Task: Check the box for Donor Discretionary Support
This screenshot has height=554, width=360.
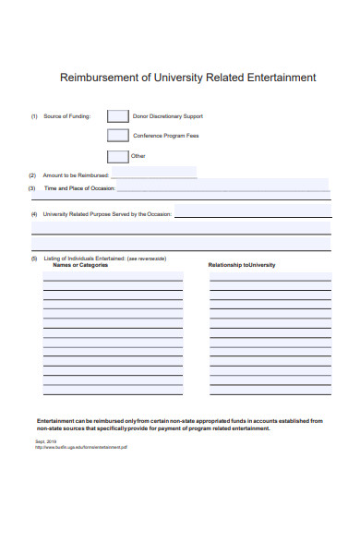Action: [x=117, y=116]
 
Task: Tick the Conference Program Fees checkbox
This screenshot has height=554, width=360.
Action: [x=117, y=136]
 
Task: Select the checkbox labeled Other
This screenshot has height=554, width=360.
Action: [x=117, y=156]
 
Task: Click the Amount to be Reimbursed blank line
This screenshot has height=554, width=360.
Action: [x=154, y=175]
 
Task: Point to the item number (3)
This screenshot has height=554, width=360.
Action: [x=32, y=187]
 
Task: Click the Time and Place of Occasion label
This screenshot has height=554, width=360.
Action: [x=79, y=187]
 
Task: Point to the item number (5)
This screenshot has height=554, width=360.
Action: [x=33, y=259]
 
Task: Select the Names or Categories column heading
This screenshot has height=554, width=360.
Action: [x=80, y=265]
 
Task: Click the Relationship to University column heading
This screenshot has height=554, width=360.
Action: [x=242, y=265]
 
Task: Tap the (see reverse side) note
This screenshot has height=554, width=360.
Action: [x=146, y=259]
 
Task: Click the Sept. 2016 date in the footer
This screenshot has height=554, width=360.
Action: [x=46, y=441]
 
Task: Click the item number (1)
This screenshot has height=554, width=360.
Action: [x=33, y=116]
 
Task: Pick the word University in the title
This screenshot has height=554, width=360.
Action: [x=181, y=78]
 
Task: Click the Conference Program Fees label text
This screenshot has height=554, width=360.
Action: [x=166, y=136]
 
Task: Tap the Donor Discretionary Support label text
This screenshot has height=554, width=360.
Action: [x=168, y=116]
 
